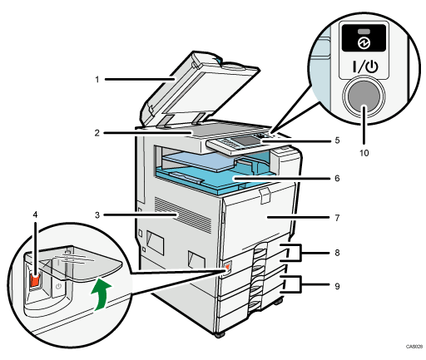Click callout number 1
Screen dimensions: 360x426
[x=97, y=81]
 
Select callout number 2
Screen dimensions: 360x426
[x=97, y=131]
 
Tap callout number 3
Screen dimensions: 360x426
[x=97, y=215]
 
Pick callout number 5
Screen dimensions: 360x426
[x=339, y=141]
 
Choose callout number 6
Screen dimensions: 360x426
[x=339, y=178]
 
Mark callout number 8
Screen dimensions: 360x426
[x=339, y=250]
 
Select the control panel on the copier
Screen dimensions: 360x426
[x=241, y=142]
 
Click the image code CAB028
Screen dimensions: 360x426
[x=413, y=346]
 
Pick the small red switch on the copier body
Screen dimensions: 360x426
[x=225, y=268]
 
